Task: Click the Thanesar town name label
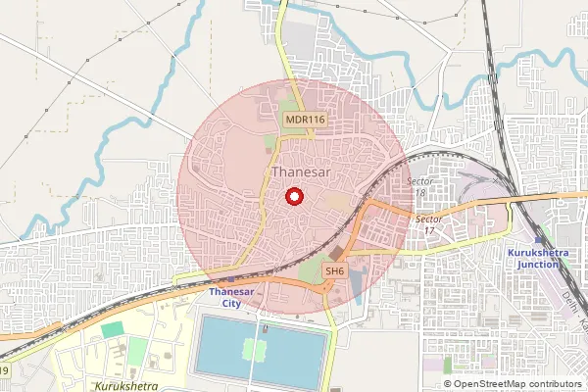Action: coord(300,172)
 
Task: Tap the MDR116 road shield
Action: coord(305,120)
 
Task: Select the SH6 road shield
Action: coord(334,270)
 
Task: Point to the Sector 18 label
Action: coord(419,187)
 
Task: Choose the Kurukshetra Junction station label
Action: coord(538,259)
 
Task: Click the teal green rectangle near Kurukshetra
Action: coord(114,330)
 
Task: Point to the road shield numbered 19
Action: coord(4,370)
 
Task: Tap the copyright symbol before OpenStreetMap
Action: coord(448,384)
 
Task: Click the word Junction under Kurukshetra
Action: coord(538,265)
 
